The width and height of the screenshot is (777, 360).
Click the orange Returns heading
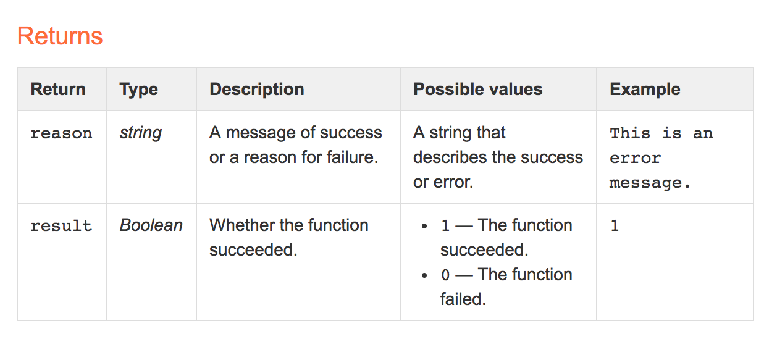60,36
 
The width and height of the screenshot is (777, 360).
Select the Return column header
58,89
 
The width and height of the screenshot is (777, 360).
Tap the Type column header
139,90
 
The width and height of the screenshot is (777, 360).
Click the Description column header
257,90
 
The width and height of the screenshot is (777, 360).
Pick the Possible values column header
477,89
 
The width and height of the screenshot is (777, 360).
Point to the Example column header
645,90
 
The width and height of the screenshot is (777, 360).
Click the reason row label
61,133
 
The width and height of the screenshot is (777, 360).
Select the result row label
61,226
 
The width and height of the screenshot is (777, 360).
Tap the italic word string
140,133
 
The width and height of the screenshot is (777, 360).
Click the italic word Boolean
151,225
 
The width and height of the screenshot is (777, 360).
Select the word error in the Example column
636,159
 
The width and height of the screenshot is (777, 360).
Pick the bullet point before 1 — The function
424,227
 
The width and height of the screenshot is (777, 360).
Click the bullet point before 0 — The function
424,276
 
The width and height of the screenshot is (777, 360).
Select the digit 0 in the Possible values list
445,275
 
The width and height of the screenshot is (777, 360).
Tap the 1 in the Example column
615,226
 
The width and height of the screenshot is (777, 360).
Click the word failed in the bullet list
463,299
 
